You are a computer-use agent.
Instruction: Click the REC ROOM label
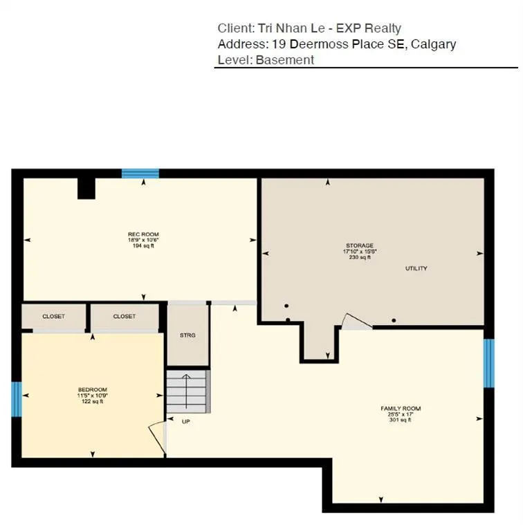(143, 234)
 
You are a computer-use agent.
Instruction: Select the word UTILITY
(416, 268)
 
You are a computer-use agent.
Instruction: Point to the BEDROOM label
(92, 390)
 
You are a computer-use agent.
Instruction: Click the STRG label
(187, 335)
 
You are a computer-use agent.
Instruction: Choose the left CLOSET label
(54, 317)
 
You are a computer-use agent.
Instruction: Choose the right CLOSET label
(125, 317)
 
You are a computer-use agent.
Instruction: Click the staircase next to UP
(187, 391)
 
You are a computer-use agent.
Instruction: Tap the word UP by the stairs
(186, 421)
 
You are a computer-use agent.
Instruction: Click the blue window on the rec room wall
(140, 174)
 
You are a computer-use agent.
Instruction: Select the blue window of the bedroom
(17, 400)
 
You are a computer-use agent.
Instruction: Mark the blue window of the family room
(488, 363)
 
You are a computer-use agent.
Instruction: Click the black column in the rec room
(86, 188)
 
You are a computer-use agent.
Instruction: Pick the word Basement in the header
(285, 60)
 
